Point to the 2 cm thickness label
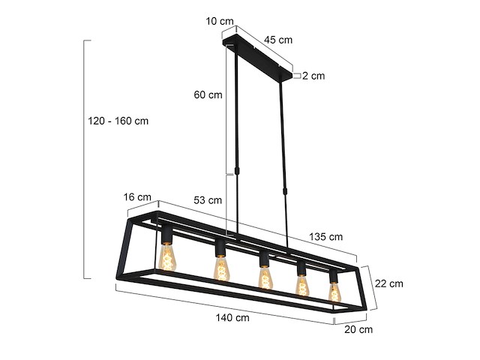coord(313,76)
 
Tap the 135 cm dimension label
coord(326,236)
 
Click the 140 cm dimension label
coord(232,317)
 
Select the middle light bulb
coord(264,277)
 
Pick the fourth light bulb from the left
coord(302,285)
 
